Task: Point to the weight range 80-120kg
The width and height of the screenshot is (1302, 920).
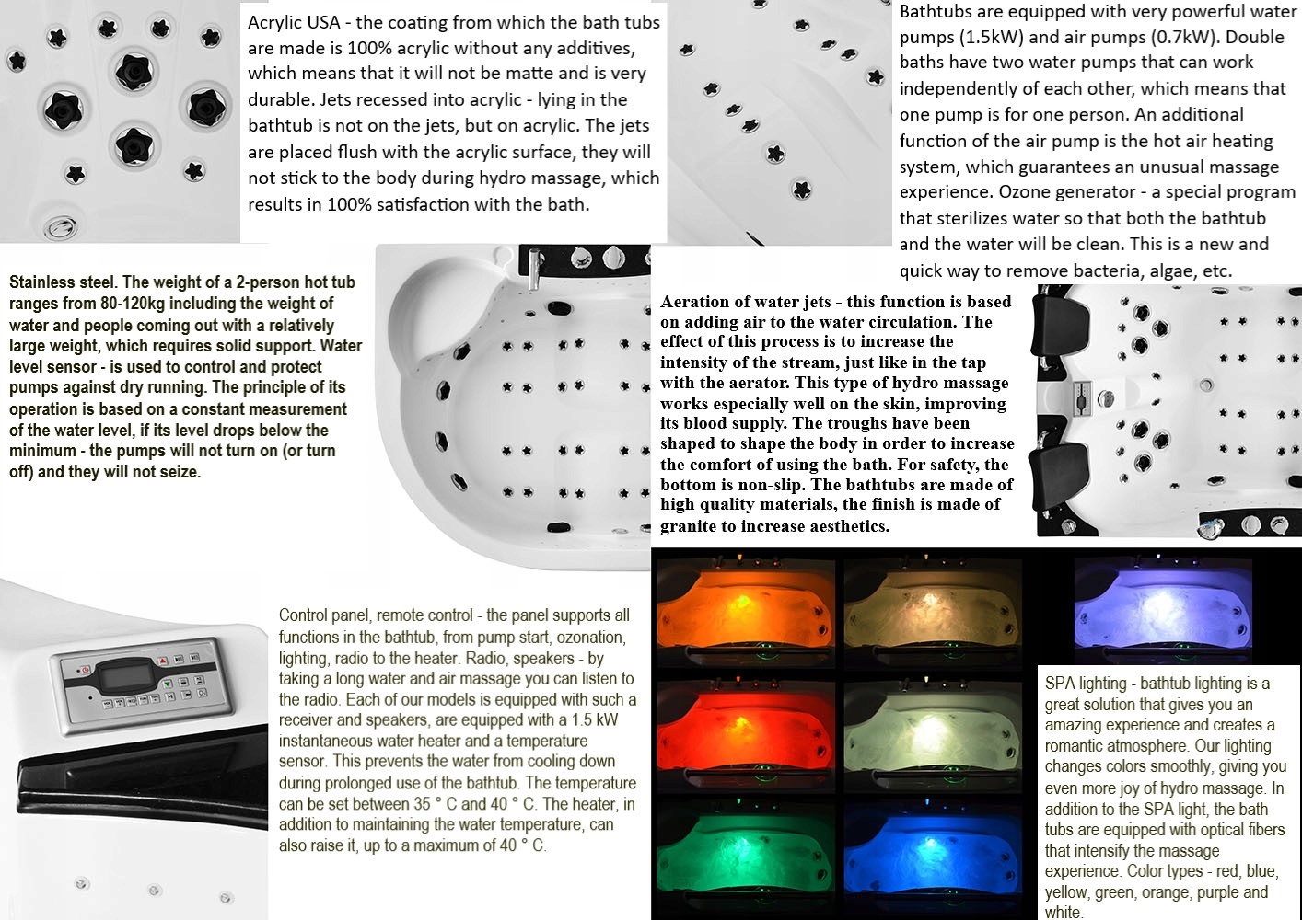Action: [x=132, y=304]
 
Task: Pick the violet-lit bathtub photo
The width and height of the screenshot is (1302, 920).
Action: [x=1162, y=610]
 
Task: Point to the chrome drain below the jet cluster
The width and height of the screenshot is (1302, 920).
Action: [x=61, y=226]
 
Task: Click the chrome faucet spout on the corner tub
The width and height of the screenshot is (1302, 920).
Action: [x=533, y=270]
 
